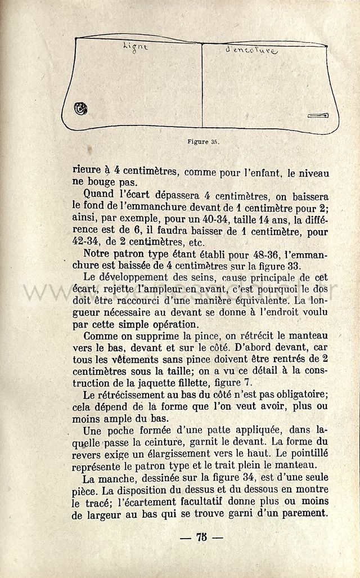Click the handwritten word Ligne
pos(135,47)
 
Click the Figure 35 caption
pos(203,141)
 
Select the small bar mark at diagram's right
pos(318,116)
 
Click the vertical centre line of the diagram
pos(202,84)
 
